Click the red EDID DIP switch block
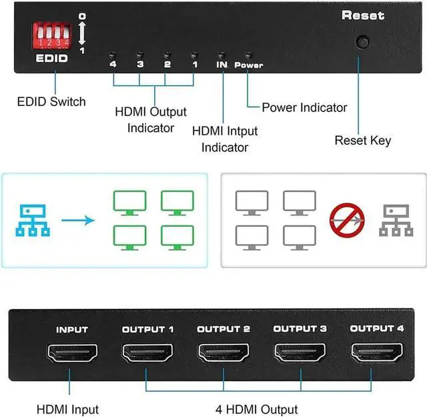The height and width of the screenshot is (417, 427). pyautogui.click(x=52, y=35)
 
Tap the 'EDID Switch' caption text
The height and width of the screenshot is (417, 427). pyautogui.click(x=51, y=102)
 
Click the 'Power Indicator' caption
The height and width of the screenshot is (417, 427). pyautogui.click(x=304, y=107)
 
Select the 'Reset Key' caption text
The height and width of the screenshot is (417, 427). pyautogui.click(x=363, y=141)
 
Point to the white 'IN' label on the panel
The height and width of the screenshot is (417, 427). pyautogui.click(x=222, y=65)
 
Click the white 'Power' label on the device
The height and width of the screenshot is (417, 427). pyautogui.click(x=249, y=65)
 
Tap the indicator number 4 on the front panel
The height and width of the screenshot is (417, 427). pyautogui.click(x=113, y=64)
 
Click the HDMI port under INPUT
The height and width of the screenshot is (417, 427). pyautogui.click(x=73, y=353)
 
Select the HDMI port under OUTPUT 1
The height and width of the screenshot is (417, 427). pyautogui.click(x=147, y=353)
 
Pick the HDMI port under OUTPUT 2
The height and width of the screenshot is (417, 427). pyautogui.click(x=224, y=353)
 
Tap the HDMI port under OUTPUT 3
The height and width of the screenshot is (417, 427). pyautogui.click(x=300, y=352)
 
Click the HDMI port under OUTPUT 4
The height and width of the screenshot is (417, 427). pyautogui.click(x=377, y=352)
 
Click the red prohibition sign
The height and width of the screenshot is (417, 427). pyautogui.click(x=347, y=220)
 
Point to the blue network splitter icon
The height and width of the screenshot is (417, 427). pyautogui.click(x=33, y=220)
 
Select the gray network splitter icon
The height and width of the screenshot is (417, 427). pyautogui.click(x=396, y=220)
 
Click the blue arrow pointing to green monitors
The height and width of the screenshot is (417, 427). pyautogui.click(x=78, y=220)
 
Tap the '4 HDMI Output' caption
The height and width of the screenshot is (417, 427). pyautogui.click(x=256, y=410)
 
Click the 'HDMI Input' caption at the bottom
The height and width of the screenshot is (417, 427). pyautogui.click(x=67, y=410)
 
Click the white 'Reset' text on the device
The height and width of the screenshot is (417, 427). pyautogui.click(x=363, y=15)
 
